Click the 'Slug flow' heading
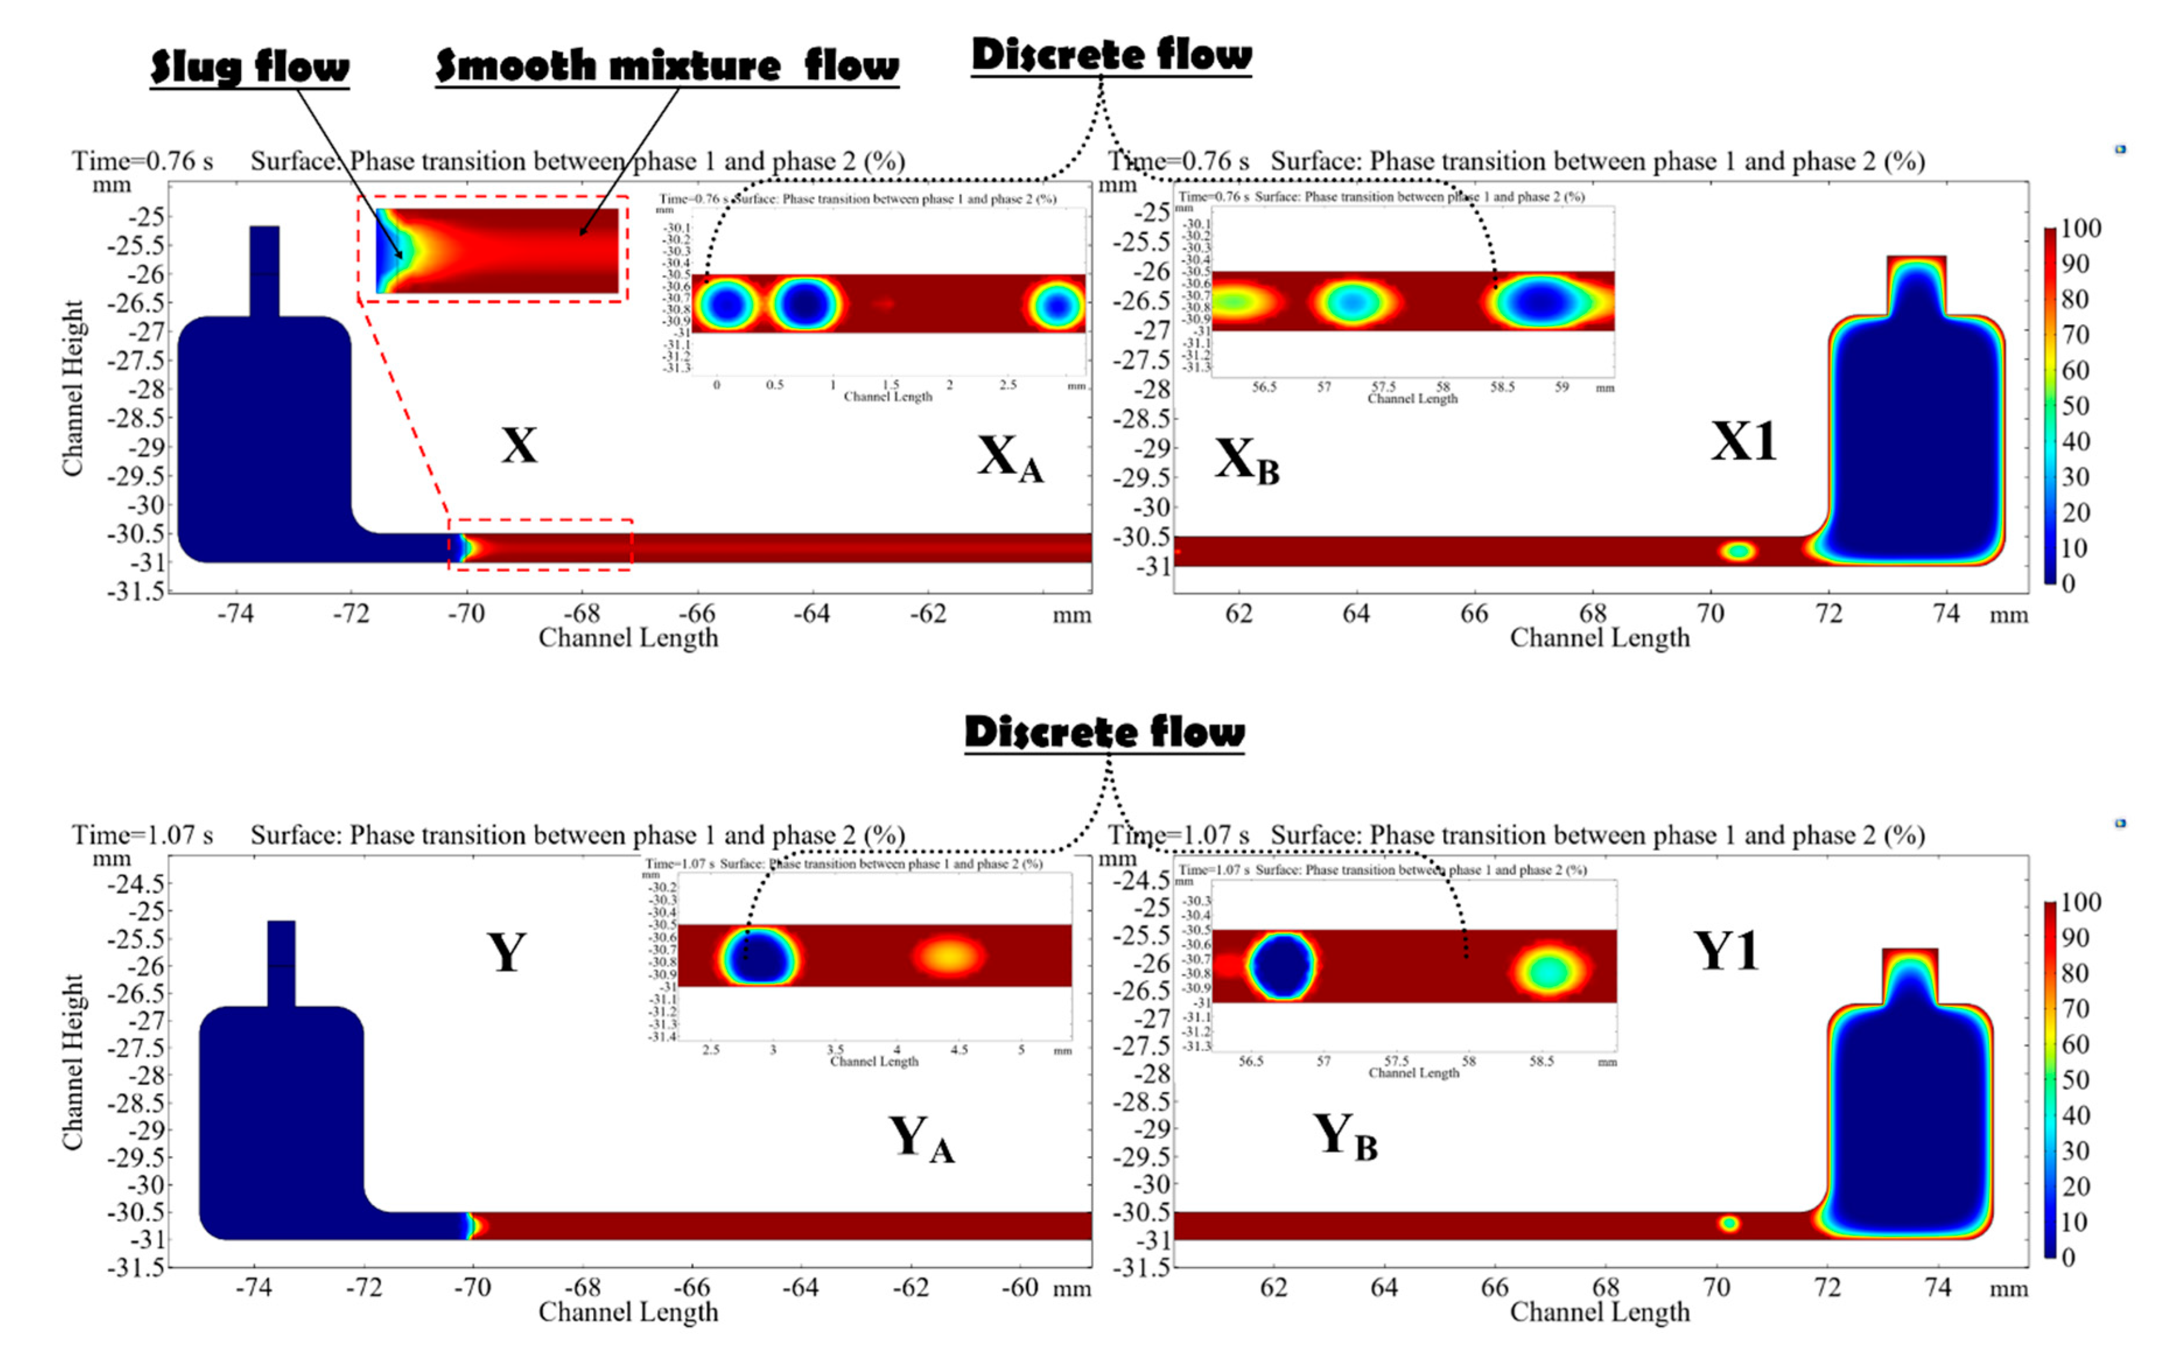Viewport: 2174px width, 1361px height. tap(250, 68)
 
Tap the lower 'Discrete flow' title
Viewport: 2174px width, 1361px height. tap(1104, 732)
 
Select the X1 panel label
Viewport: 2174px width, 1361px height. tap(1743, 442)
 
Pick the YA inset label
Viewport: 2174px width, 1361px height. tap(921, 1139)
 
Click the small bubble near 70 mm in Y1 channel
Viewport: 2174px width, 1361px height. tap(1728, 1223)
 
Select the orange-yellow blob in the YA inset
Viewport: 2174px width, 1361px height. tap(950, 956)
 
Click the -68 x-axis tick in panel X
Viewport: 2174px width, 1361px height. tap(583, 614)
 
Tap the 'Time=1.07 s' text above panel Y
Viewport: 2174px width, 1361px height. tap(142, 836)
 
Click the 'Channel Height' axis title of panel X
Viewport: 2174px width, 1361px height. tap(72, 388)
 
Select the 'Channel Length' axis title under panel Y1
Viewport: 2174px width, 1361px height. tap(1599, 1313)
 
